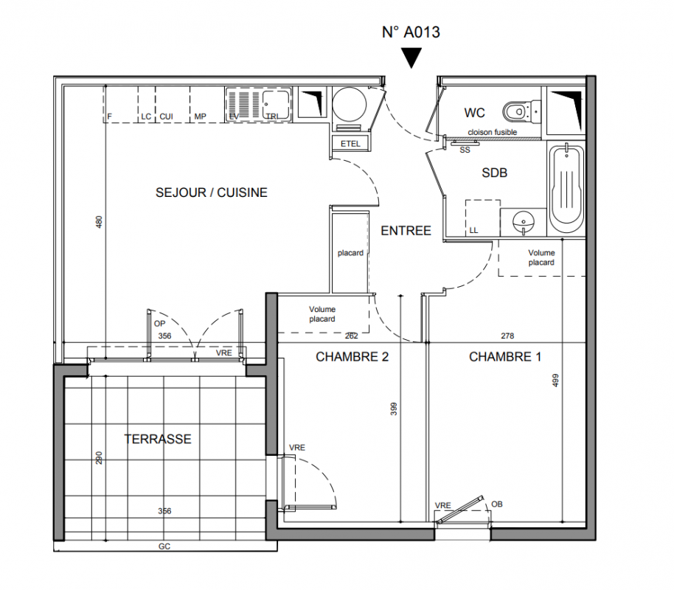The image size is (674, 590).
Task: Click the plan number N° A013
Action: tap(411, 32)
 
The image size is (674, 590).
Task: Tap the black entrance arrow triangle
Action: tap(411, 56)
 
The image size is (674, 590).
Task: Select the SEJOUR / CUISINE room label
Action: tap(212, 192)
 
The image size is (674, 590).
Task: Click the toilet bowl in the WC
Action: tap(515, 112)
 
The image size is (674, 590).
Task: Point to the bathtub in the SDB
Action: tap(566, 190)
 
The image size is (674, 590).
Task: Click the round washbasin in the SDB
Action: tap(524, 222)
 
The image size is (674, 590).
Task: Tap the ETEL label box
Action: tap(350, 144)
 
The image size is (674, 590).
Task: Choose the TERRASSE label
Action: tap(158, 439)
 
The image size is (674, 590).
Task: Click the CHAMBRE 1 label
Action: tap(505, 356)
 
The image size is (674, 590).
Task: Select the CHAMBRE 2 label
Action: tap(352, 356)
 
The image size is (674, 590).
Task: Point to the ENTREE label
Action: tap(406, 231)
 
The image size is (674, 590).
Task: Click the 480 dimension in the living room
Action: tap(99, 222)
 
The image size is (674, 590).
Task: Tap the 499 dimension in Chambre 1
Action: tap(555, 380)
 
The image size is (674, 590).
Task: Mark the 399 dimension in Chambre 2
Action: tap(394, 409)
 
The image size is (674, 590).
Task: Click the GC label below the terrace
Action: tap(164, 546)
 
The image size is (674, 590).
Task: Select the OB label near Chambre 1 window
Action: tap(497, 504)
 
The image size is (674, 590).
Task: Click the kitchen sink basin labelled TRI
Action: tap(276, 104)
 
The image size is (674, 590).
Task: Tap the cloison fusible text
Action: tap(492, 132)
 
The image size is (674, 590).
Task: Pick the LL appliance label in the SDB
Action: tap(473, 231)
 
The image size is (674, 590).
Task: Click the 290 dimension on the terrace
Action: tap(99, 457)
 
